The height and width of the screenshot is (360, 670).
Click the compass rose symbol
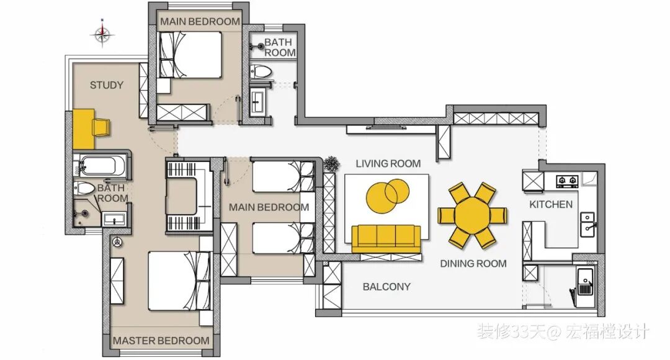(x=102, y=34)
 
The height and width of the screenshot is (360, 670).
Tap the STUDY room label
(x=107, y=85)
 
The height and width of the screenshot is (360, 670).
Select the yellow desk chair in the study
(x=102, y=127)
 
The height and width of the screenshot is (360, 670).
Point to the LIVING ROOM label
(x=388, y=163)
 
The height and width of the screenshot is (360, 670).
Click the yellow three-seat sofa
(x=386, y=238)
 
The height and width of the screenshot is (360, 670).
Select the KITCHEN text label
(x=551, y=204)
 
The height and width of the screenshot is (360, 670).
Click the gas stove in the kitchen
(x=568, y=181)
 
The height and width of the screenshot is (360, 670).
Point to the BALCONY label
(x=386, y=287)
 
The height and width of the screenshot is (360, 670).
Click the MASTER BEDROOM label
(x=161, y=341)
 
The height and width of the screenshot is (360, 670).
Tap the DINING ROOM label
(x=473, y=264)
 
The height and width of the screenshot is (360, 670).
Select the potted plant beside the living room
(x=331, y=164)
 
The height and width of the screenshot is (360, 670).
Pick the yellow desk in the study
(x=83, y=129)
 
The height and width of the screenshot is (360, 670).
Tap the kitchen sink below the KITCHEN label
(x=588, y=225)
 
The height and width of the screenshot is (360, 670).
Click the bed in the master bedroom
(x=179, y=281)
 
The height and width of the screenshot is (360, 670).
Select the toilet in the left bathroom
(x=84, y=188)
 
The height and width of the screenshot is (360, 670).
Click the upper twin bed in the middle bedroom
(x=283, y=176)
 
